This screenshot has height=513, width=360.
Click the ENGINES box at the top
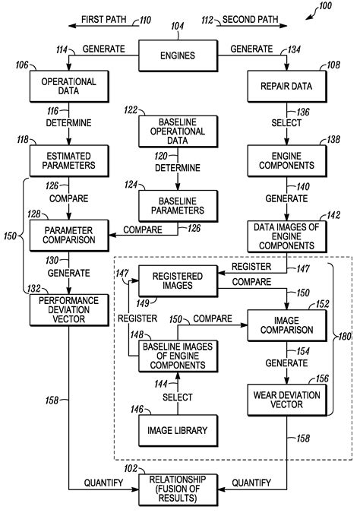click(177, 55)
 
